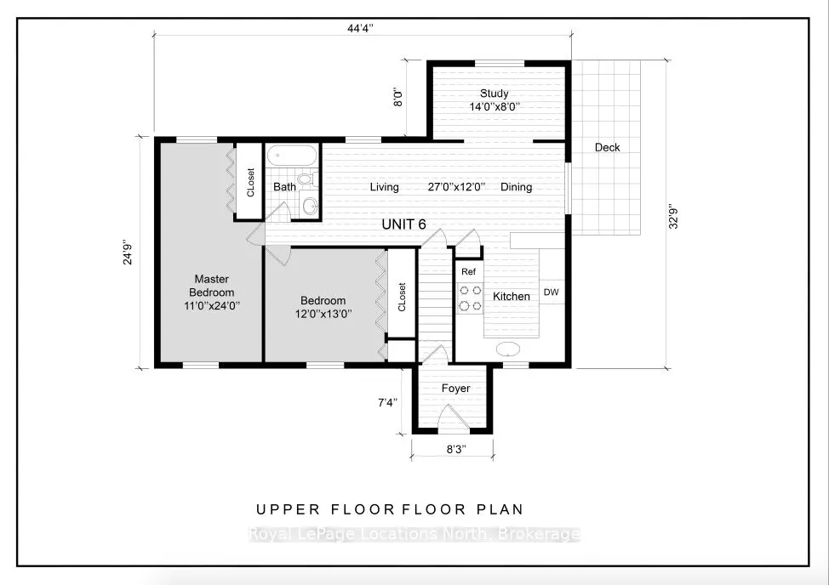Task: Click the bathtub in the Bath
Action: pos(291,156)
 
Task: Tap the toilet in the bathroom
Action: pos(308,179)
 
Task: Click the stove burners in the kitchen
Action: pos(470,298)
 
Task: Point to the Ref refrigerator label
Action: pos(468,272)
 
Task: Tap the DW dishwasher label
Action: pos(551,292)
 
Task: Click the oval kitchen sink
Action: pos(508,349)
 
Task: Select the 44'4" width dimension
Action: pos(360,28)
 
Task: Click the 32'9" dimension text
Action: pos(673,217)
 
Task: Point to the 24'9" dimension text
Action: pos(128,253)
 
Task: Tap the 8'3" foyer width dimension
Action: pos(455,449)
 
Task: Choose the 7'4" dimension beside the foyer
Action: pos(387,403)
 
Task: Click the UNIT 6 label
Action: pos(404,224)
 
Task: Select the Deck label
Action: pos(607,147)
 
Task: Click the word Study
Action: pos(495,94)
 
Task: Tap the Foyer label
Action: pos(455,389)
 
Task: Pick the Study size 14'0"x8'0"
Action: pos(495,106)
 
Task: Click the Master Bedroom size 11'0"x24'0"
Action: pos(212,306)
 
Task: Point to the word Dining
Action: pos(516,187)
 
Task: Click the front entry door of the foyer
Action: pos(454,417)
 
